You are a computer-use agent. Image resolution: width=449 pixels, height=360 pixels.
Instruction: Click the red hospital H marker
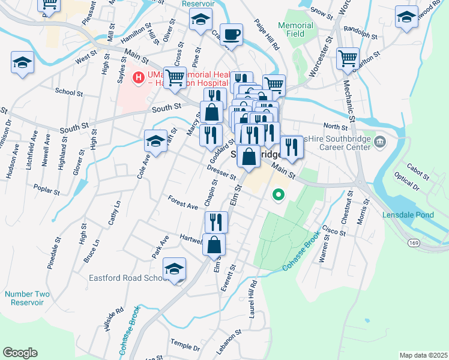(x=139, y=77)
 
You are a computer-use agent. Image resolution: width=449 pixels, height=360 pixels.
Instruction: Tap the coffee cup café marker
(x=231, y=34)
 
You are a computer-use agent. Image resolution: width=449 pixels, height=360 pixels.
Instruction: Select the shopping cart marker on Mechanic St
(x=348, y=59)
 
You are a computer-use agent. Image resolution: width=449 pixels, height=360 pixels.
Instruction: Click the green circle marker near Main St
(x=278, y=194)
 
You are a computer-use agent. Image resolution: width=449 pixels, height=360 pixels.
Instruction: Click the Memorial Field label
(x=296, y=29)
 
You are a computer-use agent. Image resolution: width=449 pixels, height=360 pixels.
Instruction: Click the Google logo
(x=20, y=353)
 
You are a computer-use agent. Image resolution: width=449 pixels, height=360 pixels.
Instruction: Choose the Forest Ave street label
(x=183, y=203)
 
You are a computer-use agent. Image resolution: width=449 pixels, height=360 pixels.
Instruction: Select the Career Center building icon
(x=380, y=142)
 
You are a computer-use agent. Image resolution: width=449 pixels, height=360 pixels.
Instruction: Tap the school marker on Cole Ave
(x=155, y=142)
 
